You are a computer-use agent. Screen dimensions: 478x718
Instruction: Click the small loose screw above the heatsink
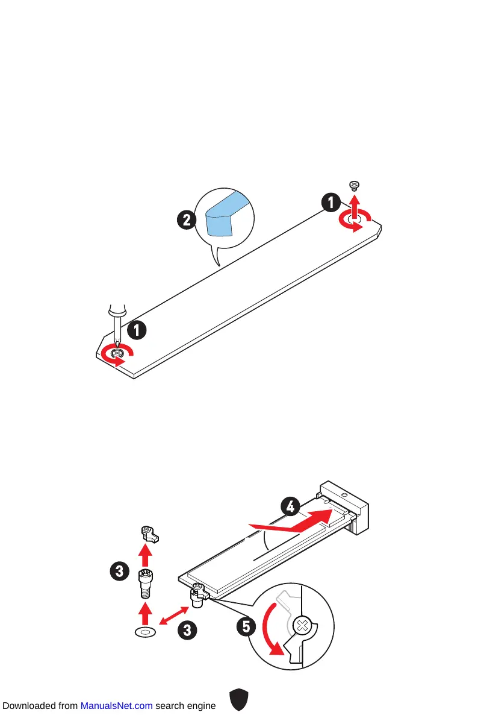pyautogui.click(x=355, y=184)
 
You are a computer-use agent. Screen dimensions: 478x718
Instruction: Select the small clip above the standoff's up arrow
pyautogui.click(x=147, y=533)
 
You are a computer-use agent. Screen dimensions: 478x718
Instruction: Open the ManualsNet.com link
pyautogui.click(x=116, y=705)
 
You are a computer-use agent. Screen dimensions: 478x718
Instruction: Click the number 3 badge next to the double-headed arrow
pyautogui.click(x=188, y=631)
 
